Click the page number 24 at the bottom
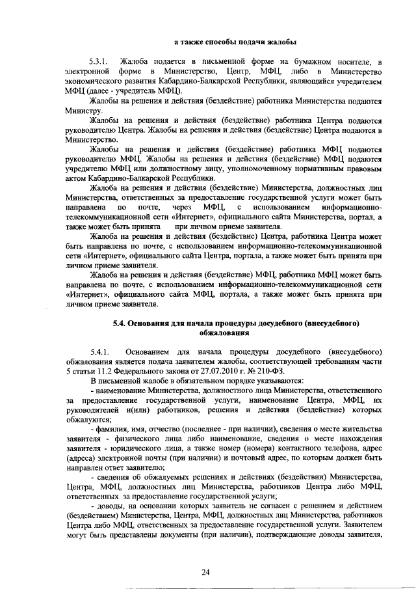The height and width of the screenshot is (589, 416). (206, 572)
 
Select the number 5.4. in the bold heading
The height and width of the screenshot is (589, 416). (120, 322)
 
